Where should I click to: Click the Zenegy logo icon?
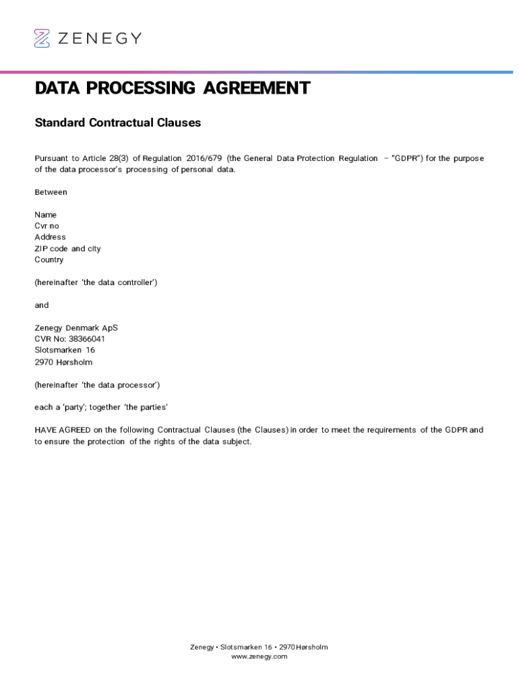point(42,38)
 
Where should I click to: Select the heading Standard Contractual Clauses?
point(118,123)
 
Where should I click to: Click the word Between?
point(51,192)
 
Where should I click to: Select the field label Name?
point(46,215)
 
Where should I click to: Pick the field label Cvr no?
point(47,226)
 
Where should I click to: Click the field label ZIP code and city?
point(67,249)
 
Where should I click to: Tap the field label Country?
point(49,260)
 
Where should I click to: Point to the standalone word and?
point(42,305)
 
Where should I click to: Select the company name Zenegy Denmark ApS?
point(76,328)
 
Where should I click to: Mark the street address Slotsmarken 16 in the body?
point(65,350)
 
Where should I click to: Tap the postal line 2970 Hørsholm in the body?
point(63,362)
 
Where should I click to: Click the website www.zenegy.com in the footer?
point(259,656)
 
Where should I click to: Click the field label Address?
point(51,237)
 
